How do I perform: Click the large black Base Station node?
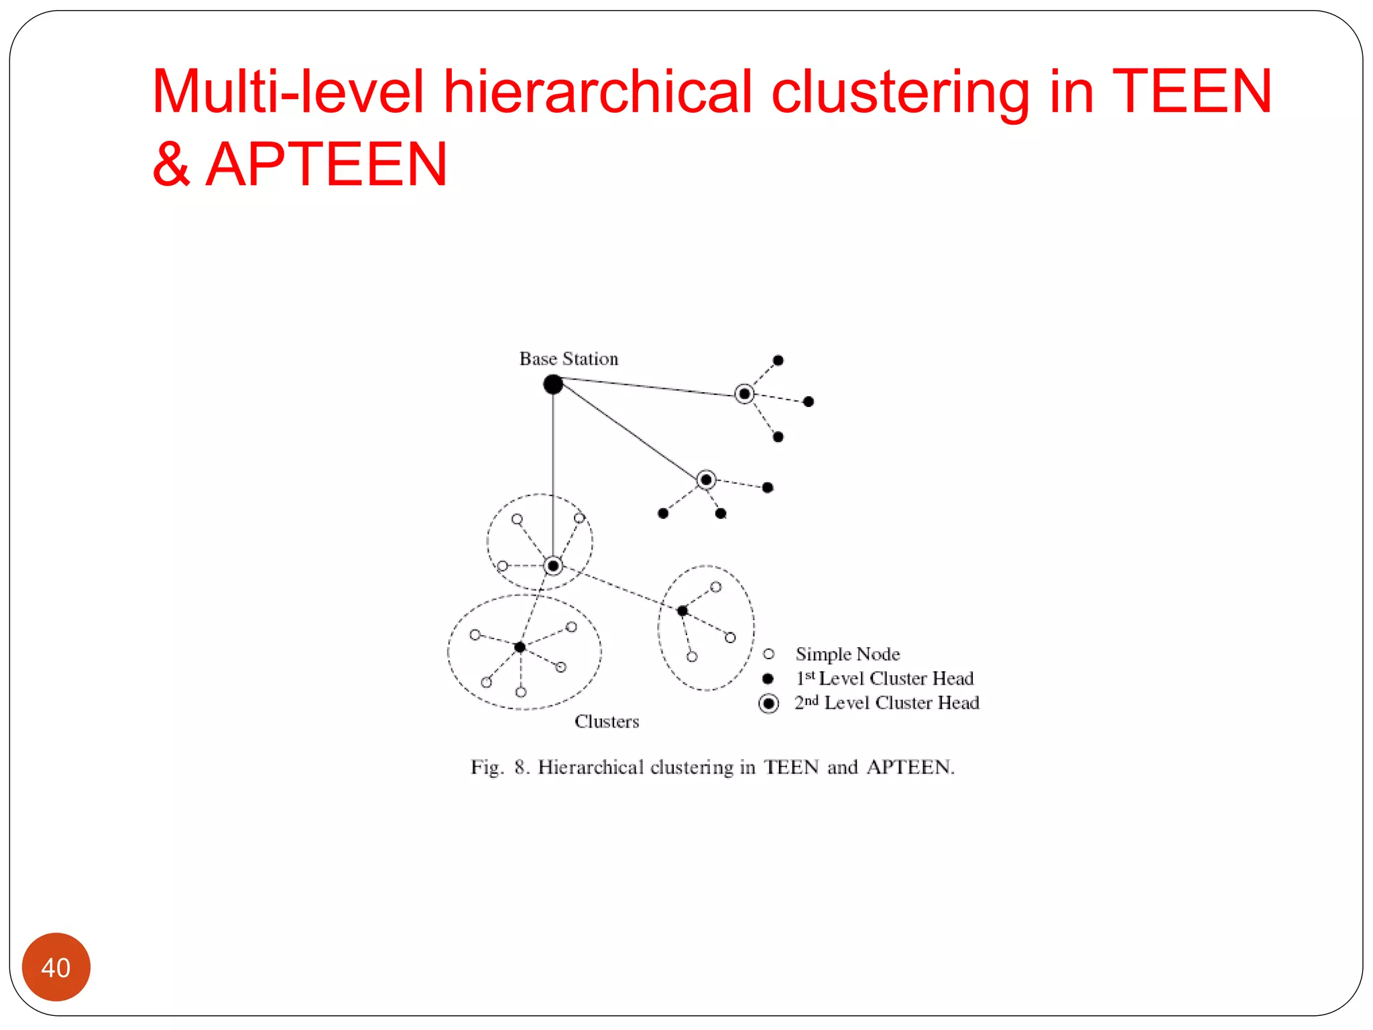pyautogui.click(x=553, y=385)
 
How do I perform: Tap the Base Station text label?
pyautogui.click(x=569, y=359)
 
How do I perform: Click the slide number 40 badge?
pyautogui.click(x=56, y=967)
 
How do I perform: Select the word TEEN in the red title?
pyautogui.click(x=1191, y=92)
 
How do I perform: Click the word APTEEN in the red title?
pyautogui.click(x=326, y=164)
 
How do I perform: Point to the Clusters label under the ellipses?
pyautogui.click(x=607, y=722)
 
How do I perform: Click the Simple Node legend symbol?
pyautogui.click(x=769, y=654)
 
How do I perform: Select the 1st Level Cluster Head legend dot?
pyautogui.click(x=768, y=679)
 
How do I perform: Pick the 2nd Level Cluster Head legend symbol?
pyautogui.click(x=769, y=703)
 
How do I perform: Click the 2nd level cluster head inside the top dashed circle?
pyautogui.click(x=553, y=566)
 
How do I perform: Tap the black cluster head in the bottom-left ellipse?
pyautogui.click(x=520, y=647)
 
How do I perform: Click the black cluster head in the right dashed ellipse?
pyautogui.click(x=682, y=611)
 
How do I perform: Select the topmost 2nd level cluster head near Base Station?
pyautogui.click(x=744, y=394)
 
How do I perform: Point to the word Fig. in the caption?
pyautogui.click(x=487, y=767)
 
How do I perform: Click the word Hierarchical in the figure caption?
pyautogui.click(x=590, y=767)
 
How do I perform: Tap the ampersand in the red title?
pyautogui.click(x=171, y=164)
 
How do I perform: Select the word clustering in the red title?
pyautogui.click(x=900, y=92)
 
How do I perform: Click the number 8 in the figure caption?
pyautogui.click(x=521, y=767)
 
